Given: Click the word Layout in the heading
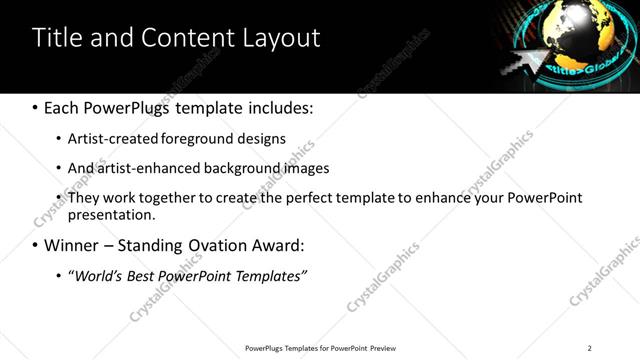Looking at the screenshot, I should pyautogui.click(x=282, y=39).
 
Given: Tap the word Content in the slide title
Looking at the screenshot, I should pyautogui.click(x=190, y=38).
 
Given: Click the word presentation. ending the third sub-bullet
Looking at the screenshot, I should pyautogui.click(x=111, y=215).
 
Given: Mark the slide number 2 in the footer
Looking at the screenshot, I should pyautogui.click(x=589, y=348).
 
